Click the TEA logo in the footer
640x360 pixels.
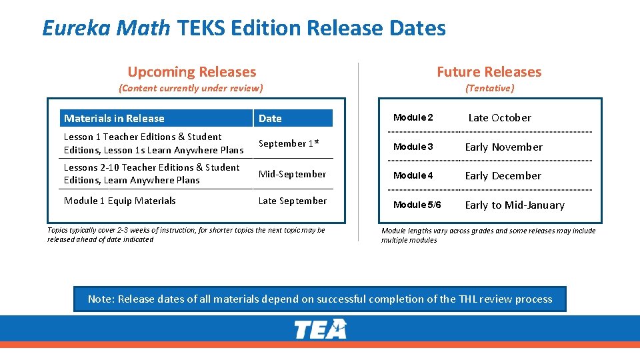click(321, 329)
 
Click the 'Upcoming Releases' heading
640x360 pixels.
click(192, 72)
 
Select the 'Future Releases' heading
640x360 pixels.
click(489, 72)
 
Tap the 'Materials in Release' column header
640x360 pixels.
click(114, 119)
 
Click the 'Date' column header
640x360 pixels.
click(270, 119)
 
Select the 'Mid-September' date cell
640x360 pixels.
click(292, 174)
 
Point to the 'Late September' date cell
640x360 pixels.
click(292, 201)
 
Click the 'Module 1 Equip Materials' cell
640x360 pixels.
click(119, 201)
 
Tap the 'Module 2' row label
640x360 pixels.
click(413, 117)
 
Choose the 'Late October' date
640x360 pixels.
click(499, 118)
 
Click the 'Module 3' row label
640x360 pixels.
click(413, 147)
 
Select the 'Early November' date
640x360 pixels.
click(503, 147)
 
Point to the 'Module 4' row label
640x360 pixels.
click(413, 176)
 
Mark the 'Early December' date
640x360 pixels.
click(503, 176)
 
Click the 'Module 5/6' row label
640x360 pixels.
click(417, 205)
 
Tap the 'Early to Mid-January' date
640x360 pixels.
click(515, 205)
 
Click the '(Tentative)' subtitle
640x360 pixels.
click(489, 88)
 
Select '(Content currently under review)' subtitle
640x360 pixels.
click(191, 88)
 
